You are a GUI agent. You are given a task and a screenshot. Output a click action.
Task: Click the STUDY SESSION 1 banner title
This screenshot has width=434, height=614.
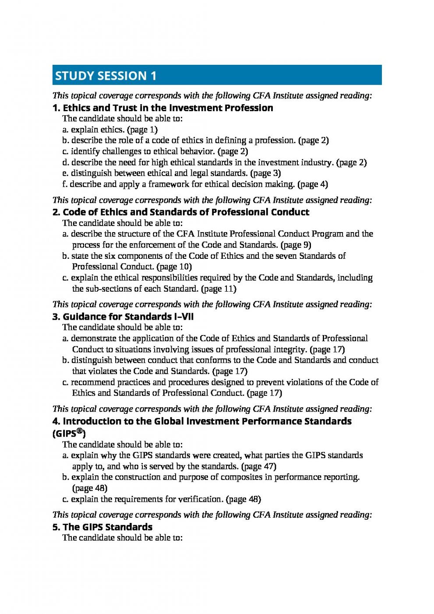tap(106, 76)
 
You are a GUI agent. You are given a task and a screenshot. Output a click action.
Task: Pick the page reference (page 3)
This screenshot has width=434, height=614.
tap(265, 173)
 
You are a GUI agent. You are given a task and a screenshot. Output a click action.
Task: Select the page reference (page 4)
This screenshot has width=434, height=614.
tap(312, 184)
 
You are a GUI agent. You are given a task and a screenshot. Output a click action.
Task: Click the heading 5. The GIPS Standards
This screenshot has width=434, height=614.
tap(102, 527)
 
